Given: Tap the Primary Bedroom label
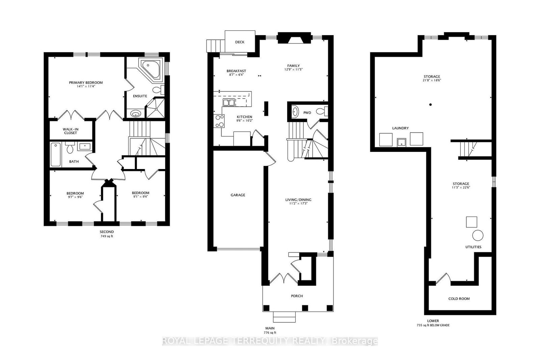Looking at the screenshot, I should [86, 83].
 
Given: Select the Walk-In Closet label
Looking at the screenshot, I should [71, 131].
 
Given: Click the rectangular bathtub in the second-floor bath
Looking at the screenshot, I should [56, 155].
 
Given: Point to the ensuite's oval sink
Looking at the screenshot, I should [136, 114].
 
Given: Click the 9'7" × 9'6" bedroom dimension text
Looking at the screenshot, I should [75, 197].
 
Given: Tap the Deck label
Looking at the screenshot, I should [240, 42].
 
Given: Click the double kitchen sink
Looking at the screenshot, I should [228, 102].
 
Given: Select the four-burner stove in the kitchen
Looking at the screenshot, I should [219, 121].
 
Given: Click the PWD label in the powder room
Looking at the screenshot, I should [307, 113].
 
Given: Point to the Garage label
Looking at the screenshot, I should [238, 195].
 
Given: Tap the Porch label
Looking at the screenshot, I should [297, 296].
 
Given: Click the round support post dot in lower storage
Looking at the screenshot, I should [431, 105].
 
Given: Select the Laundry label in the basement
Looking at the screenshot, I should [400, 128].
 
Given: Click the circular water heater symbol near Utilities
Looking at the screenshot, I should [478, 235].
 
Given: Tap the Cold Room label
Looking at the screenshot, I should [459, 299].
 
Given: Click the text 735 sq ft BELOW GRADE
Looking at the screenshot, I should [433, 326].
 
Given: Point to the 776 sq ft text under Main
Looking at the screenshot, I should [269, 333].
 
